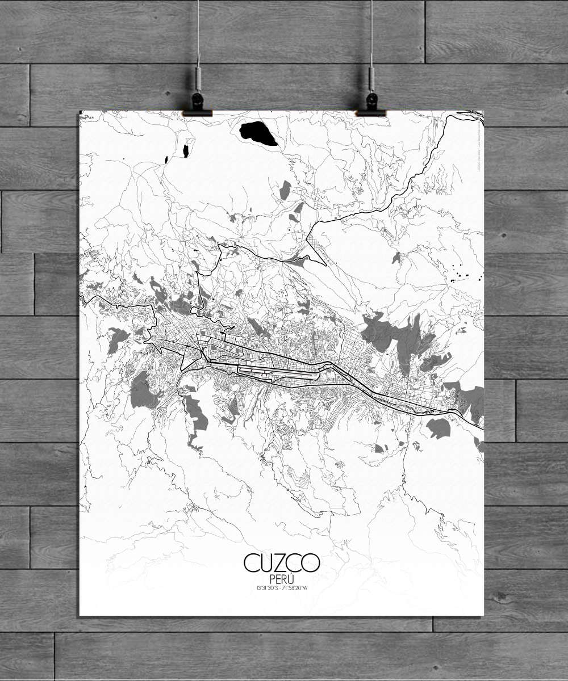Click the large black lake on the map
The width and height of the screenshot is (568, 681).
pyautogui.click(x=258, y=133)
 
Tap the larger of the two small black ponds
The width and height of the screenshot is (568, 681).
pyautogui.click(x=186, y=151)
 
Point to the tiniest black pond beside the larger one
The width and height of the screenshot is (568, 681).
pyautogui.click(x=166, y=159)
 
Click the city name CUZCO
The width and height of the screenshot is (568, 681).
pyautogui.click(x=282, y=563)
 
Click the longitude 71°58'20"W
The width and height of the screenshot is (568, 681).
pyautogui.click(x=299, y=587)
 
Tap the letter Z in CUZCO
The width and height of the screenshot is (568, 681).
pyautogui.click(x=281, y=563)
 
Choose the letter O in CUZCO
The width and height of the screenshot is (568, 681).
pyautogui.click(x=311, y=563)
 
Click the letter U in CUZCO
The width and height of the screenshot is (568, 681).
pyautogui.click(x=267, y=563)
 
